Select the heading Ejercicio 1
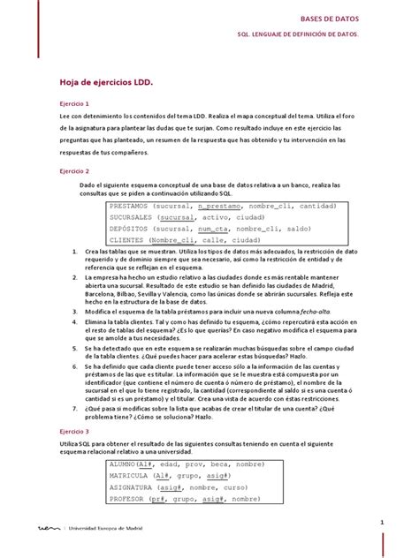pyautogui.click(x=75, y=103)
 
